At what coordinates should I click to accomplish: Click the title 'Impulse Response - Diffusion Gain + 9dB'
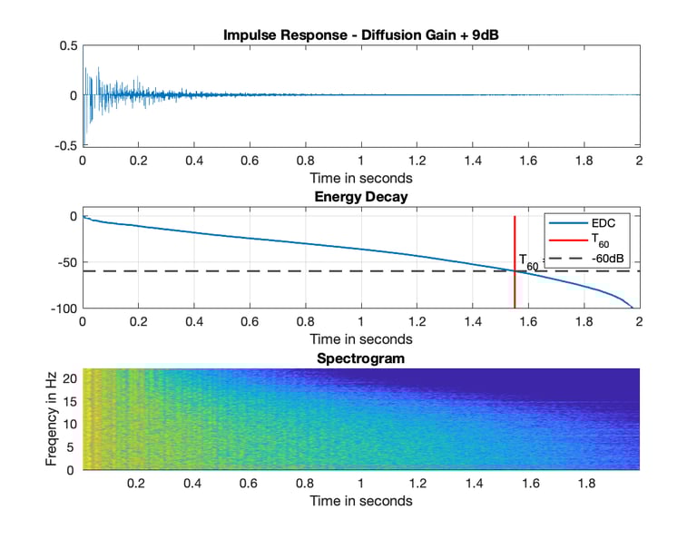pyautogui.click(x=361, y=35)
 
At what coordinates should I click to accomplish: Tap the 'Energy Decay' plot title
pyautogui.click(x=361, y=197)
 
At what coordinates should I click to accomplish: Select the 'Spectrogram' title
pyautogui.click(x=361, y=358)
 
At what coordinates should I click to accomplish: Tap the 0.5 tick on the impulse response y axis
pyautogui.click(x=67, y=45)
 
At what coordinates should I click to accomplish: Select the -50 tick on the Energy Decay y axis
pyautogui.click(x=65, y=262)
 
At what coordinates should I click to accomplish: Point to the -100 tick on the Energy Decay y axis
pyautogui.click(x=62, y=309)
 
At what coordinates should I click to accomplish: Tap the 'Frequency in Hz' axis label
pyautogui.click(x=52, y=419)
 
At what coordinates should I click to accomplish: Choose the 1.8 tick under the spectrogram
pyautogui.click(x=584, y=485)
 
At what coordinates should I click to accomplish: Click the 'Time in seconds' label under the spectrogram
pyautogui.click(x=361, y=501)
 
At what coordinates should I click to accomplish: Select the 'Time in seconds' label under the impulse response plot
pyautogui.click(x=361, y=178)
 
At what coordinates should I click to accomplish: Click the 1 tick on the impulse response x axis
pyautogui.click(x=361, y=161)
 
